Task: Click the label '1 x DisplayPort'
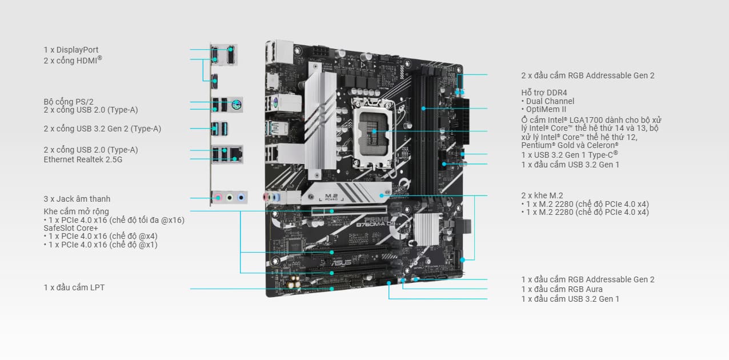(71, 50)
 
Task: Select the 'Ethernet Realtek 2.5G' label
(83, 159)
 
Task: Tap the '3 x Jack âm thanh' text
(77, 199)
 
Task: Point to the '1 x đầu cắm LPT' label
(74, 288)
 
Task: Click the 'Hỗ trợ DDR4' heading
(544, 93)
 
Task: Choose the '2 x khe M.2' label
(542, 195)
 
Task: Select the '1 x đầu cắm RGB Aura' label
(562, 289)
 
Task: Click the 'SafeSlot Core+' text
(71, 228)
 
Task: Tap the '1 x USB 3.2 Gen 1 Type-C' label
(569, 155)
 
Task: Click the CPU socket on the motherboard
(374, 134)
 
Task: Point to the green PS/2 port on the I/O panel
(237, 105)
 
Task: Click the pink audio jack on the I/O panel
(218, 197)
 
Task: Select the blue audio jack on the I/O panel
(241, 197)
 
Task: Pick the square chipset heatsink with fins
(427, 229)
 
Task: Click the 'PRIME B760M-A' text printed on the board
(375, 222)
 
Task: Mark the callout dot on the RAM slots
(423, 109)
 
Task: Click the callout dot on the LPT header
(331, 289)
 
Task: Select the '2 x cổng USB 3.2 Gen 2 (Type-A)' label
(102, 129)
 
